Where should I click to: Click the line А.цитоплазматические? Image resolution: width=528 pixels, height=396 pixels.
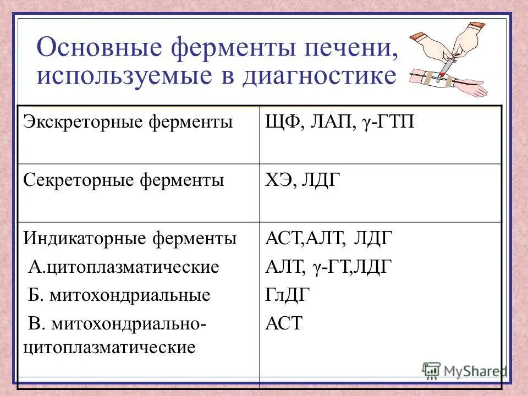(124, 267)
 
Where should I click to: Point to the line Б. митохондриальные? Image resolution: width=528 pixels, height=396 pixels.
(119, 295)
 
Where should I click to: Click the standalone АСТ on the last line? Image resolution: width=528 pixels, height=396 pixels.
(284, 323)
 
